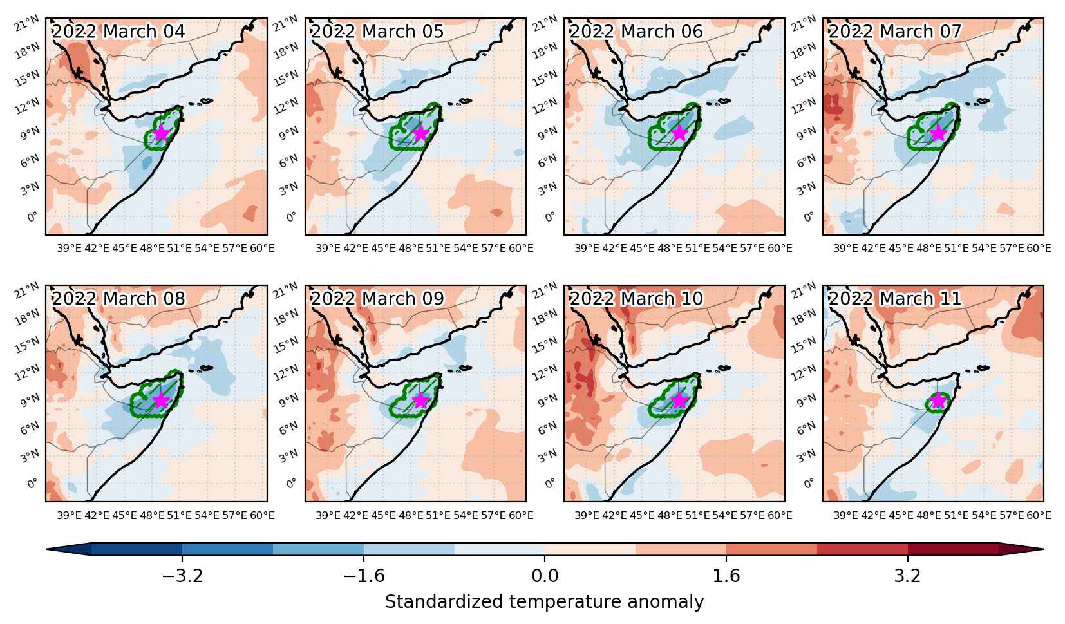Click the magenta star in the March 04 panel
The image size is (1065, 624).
coord(161,133)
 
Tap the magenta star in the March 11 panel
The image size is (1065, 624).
coord(938,401)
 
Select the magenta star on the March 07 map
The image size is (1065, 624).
coord(938,133)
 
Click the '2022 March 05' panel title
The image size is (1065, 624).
coord(377,32)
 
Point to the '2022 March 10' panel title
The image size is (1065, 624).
coord(636,299)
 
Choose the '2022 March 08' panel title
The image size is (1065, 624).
coord(118,299)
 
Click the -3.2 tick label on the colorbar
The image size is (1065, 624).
coord(183,576)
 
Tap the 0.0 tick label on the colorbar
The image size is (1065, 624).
coord(545,576)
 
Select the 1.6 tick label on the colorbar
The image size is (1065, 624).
coord(726,576)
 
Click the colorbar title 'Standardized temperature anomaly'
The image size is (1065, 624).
coord(544,602)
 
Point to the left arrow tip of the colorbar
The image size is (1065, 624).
coord(46,549)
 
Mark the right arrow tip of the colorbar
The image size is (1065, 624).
coord(1044,549)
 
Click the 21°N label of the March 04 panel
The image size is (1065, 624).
coord(26,23)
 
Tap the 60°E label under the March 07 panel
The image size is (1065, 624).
coord(1039,249)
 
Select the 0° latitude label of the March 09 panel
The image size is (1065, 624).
coord(291,484)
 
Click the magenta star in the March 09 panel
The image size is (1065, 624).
coord(420,401)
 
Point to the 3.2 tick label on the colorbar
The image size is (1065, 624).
coord(908,576)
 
